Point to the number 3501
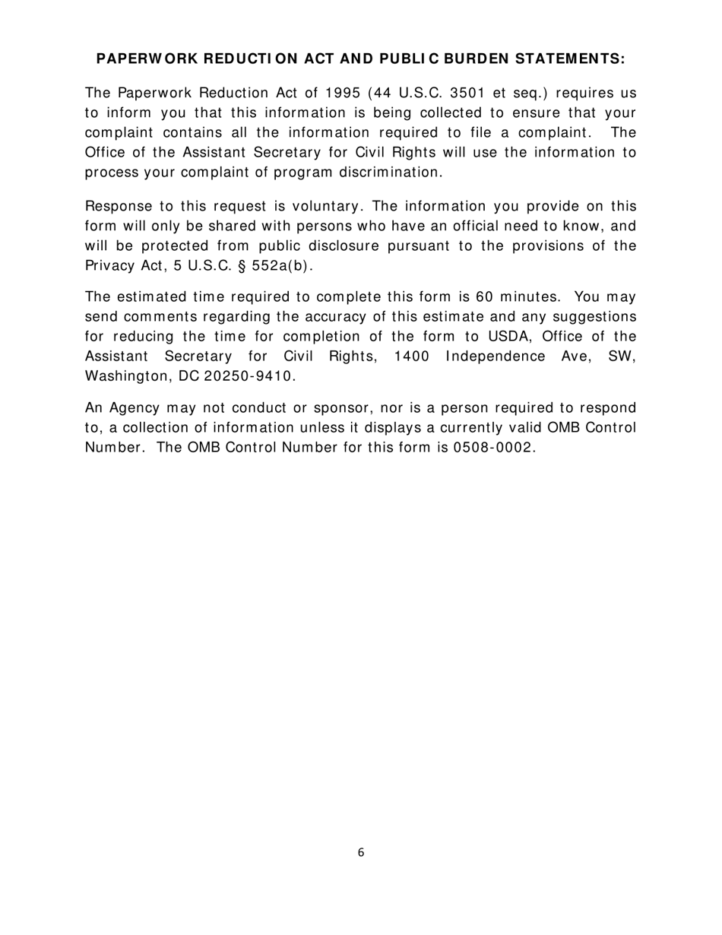coord(471,93)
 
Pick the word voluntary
coord(325,207)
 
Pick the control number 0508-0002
coord(494,447)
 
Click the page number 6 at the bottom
coord(361,853)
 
